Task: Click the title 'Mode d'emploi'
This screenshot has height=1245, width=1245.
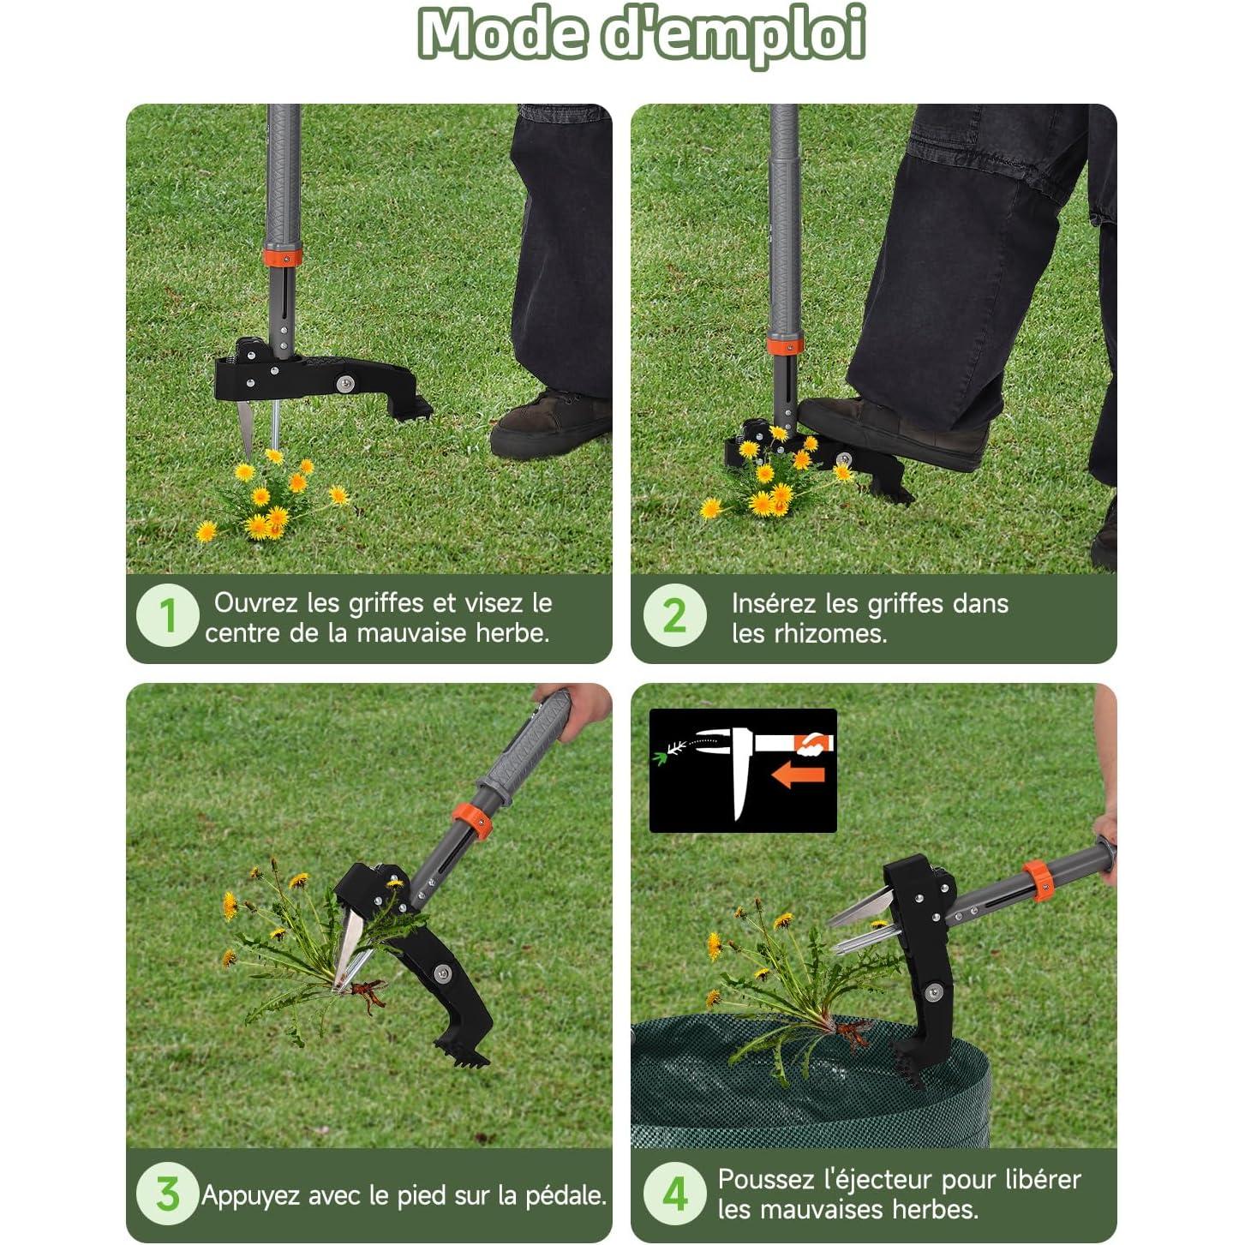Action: pos(641,34)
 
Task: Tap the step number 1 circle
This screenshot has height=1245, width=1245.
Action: pos(167,615)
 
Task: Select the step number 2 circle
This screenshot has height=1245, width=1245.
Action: pos(675,615)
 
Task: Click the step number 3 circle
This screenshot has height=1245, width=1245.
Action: pos(167,1194)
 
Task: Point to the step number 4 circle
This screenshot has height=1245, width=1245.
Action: pos(675,1194)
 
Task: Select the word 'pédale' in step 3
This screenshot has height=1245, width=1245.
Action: pos(568,1194)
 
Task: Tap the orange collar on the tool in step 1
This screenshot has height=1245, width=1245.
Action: pos(282,256)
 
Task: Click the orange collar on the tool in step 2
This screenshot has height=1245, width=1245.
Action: pos(784,346)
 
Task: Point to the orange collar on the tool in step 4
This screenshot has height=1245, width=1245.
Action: pos(1038,881)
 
